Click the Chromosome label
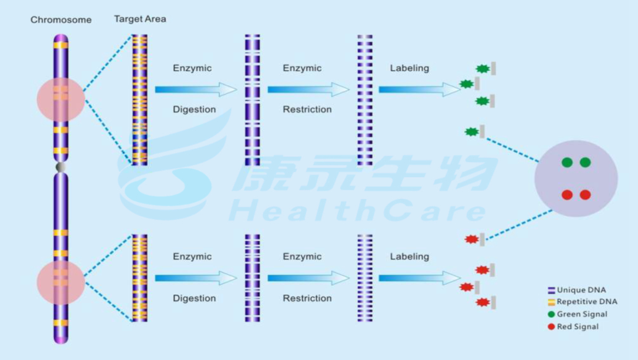click(x=61, y=19)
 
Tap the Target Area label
click(x=140, y=19)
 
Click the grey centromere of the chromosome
click(x=61, y=167)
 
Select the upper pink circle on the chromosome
click(x=61, y=99)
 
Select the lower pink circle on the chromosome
click(x=61, y=282)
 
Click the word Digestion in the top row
click(x=194, y=110)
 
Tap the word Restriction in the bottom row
click(x=308, y=298)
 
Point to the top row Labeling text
click(x=409, y=69)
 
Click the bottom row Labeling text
click(x=409, y=257)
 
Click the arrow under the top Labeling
click(x=420, y=89)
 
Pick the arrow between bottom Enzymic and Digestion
click(x=196, y=278)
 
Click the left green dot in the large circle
click(x=566, y=162)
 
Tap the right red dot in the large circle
click(x=585, y=195)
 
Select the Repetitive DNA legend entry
click(x=582, y=302)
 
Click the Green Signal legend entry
click(x=577, y=314)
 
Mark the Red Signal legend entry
click(x=573, y=326)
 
